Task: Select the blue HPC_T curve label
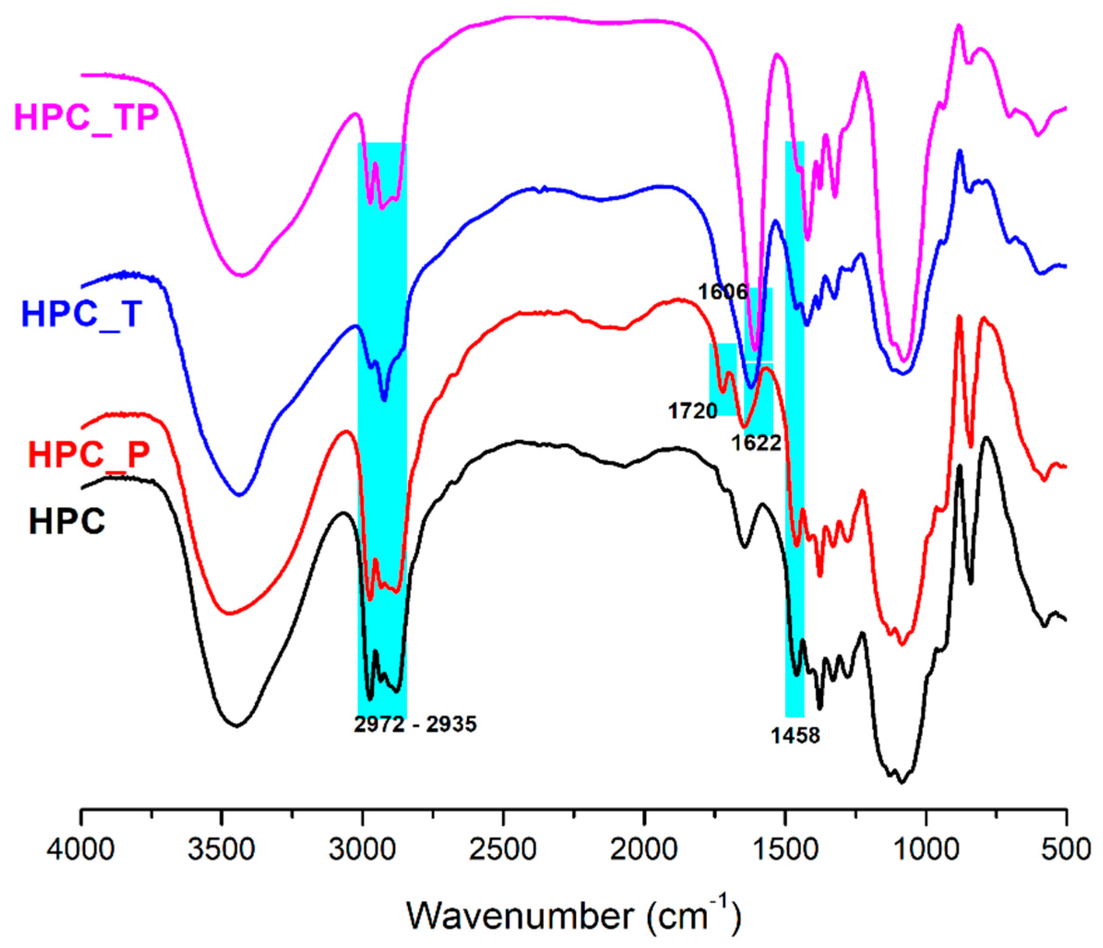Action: (x=82, y=314)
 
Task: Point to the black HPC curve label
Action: (x=67, y=521)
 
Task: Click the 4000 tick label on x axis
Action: (x=81, y=849)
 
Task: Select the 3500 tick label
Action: (x=221, y=849)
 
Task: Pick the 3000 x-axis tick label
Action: (x=362, y=849)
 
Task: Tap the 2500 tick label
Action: (x=503, y=849)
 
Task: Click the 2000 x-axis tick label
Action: (x=644, y=849)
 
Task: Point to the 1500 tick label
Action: (x=785, y=849)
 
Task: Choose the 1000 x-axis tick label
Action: (x=926, y=849)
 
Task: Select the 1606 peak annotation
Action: (x=723, y=292)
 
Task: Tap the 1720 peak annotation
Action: (x=693, y=410)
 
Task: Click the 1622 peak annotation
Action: (x=756, y=442)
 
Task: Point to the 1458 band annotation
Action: (x=795, y=735)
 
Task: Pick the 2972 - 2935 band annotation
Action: (x=415, y=724)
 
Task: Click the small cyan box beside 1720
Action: (x=723, y=379)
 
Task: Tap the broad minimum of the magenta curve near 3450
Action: (x=241, y=275)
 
